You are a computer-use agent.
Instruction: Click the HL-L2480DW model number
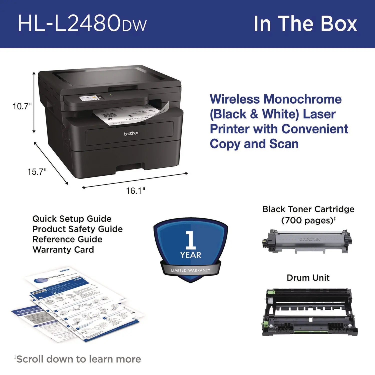click(82, 24)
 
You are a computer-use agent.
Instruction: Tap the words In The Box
click(305, 24)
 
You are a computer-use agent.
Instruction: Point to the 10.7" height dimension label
click(22, 106)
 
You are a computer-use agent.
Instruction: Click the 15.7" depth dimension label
click(37, 172)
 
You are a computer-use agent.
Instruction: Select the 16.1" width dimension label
click(135, 191)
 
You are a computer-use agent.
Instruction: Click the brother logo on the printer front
click(131, 133)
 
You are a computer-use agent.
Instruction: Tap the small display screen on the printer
click(88, 98)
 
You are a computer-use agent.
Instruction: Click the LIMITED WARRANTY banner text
click(190, 270)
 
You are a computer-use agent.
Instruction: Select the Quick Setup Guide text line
click(72, 219)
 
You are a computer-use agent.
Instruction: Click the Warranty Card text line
click(63, 249)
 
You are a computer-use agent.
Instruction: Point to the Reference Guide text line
click(67, 239)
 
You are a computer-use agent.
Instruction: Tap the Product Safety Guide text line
click(77, 229)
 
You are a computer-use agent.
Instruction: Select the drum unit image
click(309, 312)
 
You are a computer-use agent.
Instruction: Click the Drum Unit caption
click(308, 278)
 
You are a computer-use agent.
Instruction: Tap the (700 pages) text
click(307, 220)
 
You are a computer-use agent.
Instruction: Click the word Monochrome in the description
click(302, 99)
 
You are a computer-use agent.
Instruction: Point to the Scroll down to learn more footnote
click(78, 359)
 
